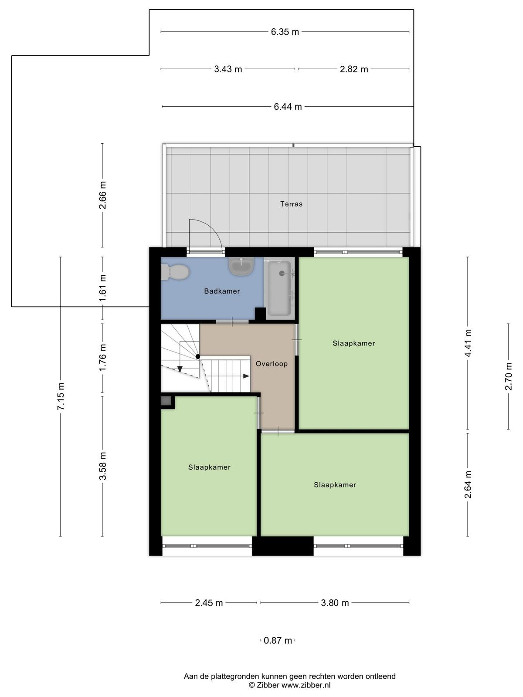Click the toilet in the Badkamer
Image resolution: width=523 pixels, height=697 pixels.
pos(175,272)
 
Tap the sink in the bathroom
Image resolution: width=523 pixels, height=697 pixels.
pos(241,266)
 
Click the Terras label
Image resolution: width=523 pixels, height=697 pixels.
pos(291,204)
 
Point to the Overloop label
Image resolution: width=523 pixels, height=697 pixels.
pos(272,364)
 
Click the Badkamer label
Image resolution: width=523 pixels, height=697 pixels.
pos(222,291)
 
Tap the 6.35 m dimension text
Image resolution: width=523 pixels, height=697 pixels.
pos(285,32)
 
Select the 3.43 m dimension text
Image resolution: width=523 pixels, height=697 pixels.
pos(228,69)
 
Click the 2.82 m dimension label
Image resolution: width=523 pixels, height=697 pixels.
pos(354,69)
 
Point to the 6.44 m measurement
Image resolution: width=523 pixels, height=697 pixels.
pos(288,107)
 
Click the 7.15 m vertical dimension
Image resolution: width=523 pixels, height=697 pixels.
pos(61,396)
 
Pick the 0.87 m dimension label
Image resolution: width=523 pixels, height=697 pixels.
pos(278,640)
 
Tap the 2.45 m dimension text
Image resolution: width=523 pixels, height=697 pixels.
pos(209,603)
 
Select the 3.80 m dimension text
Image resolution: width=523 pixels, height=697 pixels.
pos(335,603)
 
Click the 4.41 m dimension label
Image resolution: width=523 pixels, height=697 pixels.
pos(468,343)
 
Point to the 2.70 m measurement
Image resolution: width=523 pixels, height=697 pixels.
pos(509,376)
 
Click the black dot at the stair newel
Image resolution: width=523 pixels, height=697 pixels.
pos(198,357)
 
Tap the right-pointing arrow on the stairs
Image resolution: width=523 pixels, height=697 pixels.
pos(246,376)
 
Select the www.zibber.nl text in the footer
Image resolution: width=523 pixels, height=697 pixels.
pos(306,685)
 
